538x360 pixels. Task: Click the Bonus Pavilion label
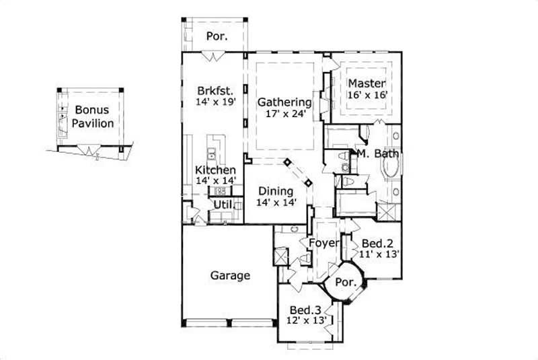click(x=93, y=116)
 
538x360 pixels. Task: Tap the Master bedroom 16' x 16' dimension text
click(x=367, y=96)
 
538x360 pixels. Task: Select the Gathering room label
click(x=284, y=102)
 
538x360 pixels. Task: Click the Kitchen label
click(x=215, y=170)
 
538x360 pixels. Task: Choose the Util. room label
click(x=223, y=204)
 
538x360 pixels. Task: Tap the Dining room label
click(x=276, y=190)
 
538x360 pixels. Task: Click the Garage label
click(x=230, y=275)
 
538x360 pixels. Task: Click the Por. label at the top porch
click(x=217, y=36)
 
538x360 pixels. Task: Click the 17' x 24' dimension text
click(x=284, y=114)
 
